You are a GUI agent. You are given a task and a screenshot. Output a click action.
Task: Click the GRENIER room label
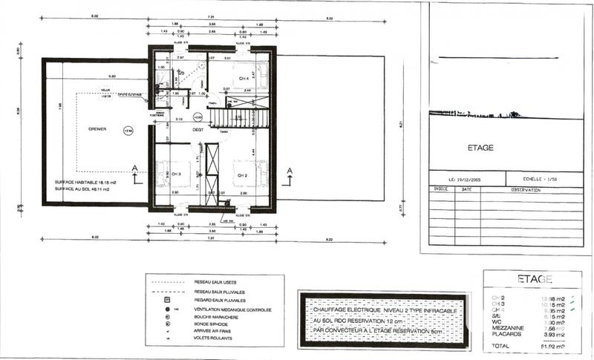97,129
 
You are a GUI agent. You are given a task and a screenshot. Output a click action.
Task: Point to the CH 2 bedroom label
242,175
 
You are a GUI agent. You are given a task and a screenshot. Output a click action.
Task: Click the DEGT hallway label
198,130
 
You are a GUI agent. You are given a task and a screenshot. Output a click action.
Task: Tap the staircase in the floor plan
230,118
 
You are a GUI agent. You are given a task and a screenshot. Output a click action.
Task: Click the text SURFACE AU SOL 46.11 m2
83,190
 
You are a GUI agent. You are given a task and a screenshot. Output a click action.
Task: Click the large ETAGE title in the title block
480,148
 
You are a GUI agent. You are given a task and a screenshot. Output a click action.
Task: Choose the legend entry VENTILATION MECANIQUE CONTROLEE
232,310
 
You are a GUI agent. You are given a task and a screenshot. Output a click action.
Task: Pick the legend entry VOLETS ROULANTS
213,338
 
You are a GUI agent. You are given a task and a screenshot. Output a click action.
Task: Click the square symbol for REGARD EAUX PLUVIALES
169,301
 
